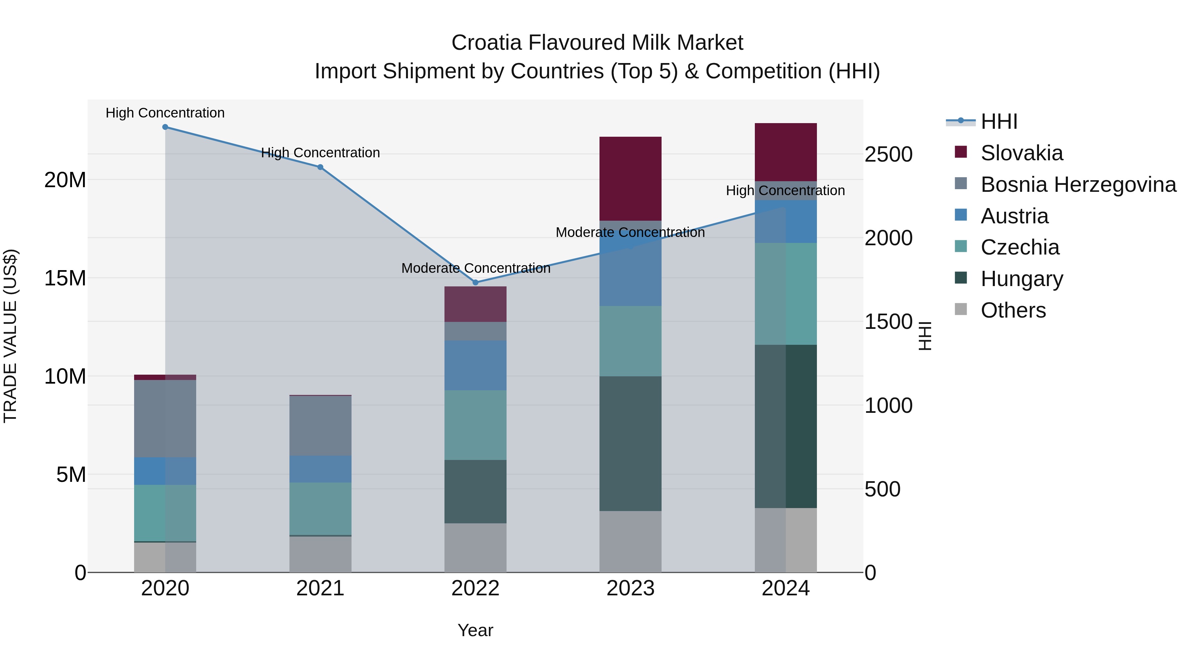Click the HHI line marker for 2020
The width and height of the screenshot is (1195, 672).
coord(165,127)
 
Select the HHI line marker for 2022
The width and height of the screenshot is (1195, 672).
coord(475,282)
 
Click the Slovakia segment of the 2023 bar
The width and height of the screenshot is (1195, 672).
coord(630,179)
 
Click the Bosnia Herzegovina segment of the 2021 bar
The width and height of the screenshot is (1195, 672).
coord(320,425)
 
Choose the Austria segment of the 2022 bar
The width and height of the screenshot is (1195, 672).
coord(475,365)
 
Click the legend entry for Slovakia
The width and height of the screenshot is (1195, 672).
coord(1021,153)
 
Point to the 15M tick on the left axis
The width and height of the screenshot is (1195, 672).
coord(65,278)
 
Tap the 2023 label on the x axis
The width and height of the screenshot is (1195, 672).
coord(630,588)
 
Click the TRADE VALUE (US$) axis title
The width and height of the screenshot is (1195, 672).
coord(10,336)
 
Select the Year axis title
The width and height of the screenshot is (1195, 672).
coord(475,630)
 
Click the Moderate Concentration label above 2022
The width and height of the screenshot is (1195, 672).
coord(475,268)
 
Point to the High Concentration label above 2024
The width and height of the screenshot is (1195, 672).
coord(785,190)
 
